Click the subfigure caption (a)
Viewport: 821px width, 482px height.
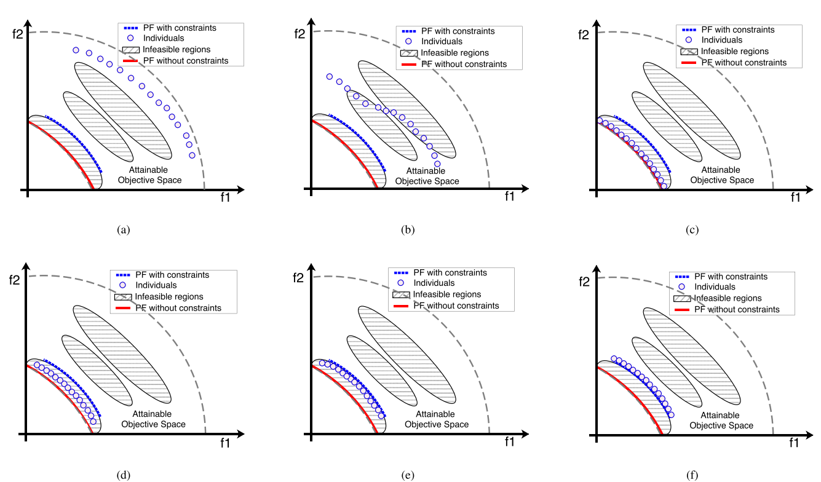tap(124, 230)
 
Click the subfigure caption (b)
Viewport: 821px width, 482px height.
tap(407, 230)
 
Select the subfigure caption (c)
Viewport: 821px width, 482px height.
tap(692, 230)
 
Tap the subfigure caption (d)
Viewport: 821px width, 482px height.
tap(123, 475)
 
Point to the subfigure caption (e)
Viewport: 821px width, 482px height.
tap(407, 475)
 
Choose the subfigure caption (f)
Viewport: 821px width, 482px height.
tap(692, 475)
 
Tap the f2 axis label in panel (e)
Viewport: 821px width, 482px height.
tap(298, 278)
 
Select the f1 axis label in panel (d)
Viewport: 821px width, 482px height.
tap(225, 442)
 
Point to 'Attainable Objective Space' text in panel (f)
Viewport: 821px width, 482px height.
tap(721, 421)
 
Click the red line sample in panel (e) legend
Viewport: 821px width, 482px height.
tap(400, 306)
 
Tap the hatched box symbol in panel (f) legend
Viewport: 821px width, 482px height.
tap(681, 299)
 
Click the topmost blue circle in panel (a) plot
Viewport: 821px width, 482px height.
tap(76, 50)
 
